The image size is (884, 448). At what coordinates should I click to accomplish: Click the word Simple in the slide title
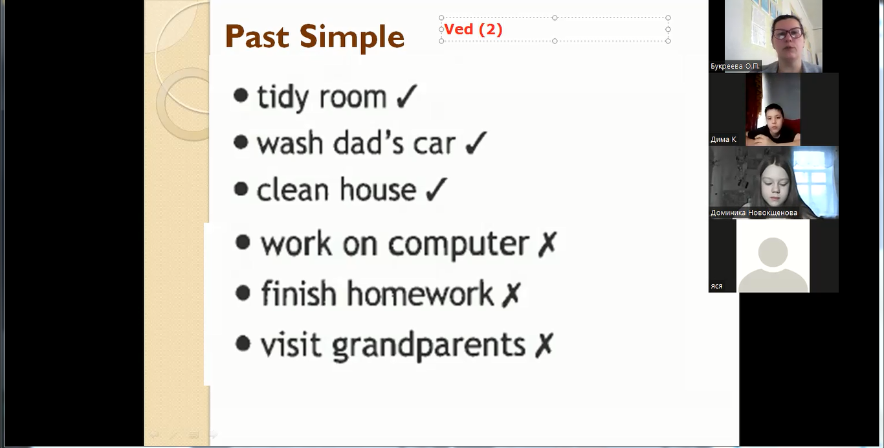(x=351, y=38)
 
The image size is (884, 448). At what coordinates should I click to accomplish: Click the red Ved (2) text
(x=473, y=29)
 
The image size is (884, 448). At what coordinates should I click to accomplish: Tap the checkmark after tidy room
(x=406, y=96)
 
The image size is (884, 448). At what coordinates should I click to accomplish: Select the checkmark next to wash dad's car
(x=476, y=142)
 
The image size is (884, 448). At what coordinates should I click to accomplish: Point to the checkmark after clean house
(x=436, y=190)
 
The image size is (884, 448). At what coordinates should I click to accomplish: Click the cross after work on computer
(x=547, y=244)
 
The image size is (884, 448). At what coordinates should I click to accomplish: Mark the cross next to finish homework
(x=511, y=294)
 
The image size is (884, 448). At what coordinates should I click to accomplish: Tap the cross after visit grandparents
(x=544, y=345)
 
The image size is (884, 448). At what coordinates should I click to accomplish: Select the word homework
(x=420, y=293)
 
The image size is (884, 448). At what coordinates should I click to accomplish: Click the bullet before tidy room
(x=241, y=96)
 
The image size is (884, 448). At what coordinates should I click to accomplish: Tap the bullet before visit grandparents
(x=243, y=343)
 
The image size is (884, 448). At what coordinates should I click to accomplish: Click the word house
(x=378, y=190)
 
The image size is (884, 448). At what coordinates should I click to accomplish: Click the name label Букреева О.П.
(x=735, y=66)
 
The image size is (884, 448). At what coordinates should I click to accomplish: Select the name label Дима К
(x=724, y=139)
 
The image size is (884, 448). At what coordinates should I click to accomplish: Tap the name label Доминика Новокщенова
(x=754, y=213)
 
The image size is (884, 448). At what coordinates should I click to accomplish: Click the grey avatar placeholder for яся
(x=773, y=262)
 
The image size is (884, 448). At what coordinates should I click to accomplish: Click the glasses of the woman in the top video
(x=788, y=33)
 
